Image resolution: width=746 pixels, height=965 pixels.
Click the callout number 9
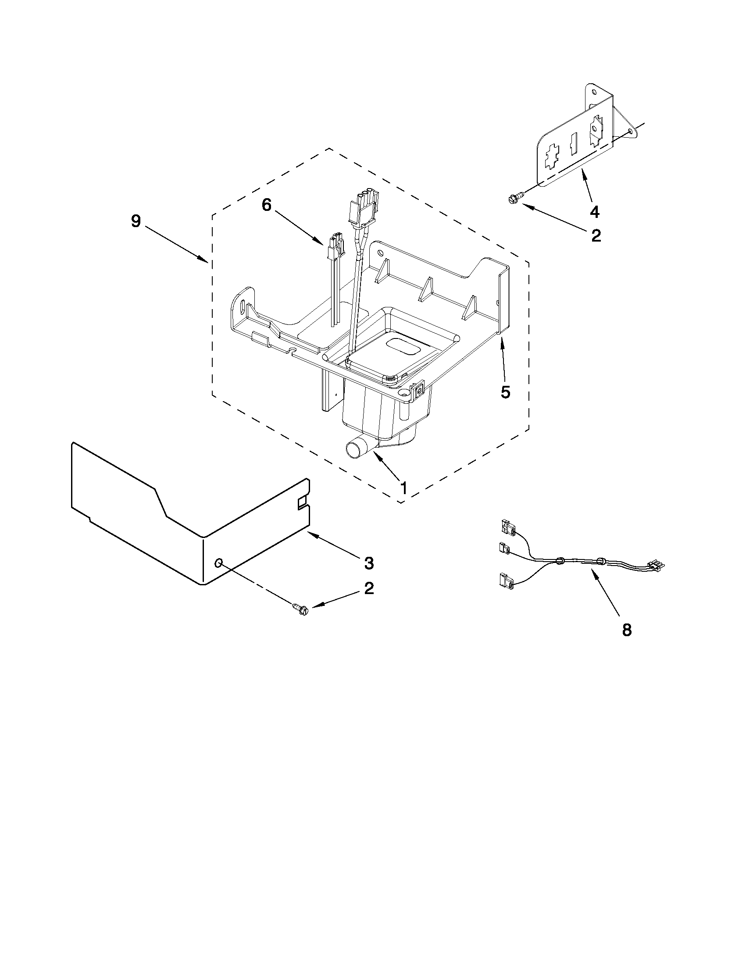[x=136, y=221]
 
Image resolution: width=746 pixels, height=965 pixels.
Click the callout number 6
[x=266, y=205]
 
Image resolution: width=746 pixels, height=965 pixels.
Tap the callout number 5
[x=505, y=392]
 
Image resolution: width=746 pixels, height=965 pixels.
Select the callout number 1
[x=403, y=488]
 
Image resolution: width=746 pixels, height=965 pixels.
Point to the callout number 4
[x=595, y=212]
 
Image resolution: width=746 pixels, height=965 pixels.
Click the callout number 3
[x=368, y=563]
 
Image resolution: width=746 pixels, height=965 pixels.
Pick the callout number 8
[x=627, y=630]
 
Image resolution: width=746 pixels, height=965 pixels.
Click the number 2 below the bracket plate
[x=596, y=236]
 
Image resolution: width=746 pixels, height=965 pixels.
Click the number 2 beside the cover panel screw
[x=368, y=588]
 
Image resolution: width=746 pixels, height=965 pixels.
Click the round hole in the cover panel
[x=218, y=563]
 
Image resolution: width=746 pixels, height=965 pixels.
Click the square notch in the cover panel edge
[x=303, y=502]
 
